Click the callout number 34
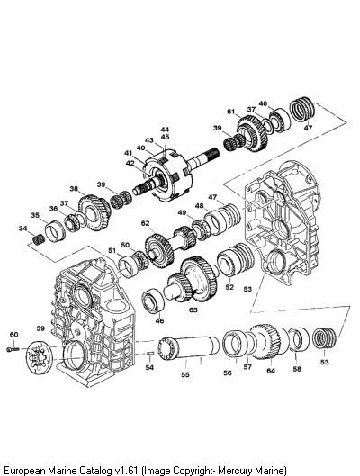click(x=22, y=229)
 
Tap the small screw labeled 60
click(x=13, y=350)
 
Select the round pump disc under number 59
click(x=40, y=358)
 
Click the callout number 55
click(x=185, y=374)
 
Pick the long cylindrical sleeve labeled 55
click(x=189, y=348)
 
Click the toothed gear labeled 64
click(x=265, y=342)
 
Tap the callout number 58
click(x=297, y=369)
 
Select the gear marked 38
click(x=94, y=212)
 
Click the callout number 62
click(x=146, y=223)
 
